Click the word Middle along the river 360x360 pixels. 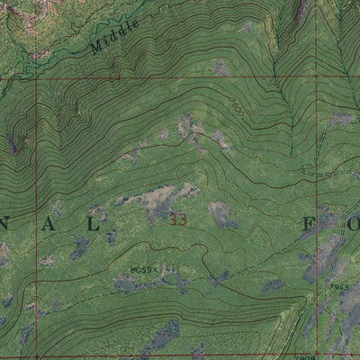115,37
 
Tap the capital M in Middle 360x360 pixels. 96,47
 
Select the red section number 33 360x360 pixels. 177,219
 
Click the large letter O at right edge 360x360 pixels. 354,221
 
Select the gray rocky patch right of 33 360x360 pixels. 219,213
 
